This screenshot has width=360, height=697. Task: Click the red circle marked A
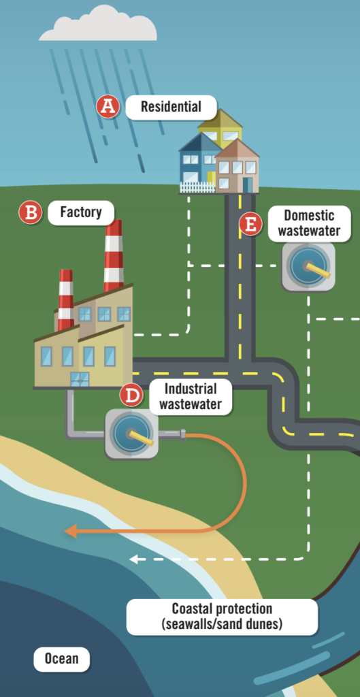click(x=108, y=107)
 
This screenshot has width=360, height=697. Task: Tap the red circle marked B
click(x=30, y=212)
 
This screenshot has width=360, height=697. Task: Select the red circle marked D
click(x=131, y=395)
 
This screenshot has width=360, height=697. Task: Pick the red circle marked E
click(x=250, y=225)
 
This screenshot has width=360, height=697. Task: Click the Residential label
click(x=171, y=107)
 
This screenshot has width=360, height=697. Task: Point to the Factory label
click(x=81, y=212)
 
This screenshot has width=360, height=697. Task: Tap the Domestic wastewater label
click(x=310, y=223)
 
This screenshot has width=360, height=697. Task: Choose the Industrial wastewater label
click(x=191, y=397)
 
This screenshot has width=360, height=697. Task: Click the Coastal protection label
click(x=223, y=617)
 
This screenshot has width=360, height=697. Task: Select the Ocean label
click(x=61, y=659)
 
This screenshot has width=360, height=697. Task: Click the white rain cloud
click(x=98, y=24)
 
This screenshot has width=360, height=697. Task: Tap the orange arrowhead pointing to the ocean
click(x=71, y=531)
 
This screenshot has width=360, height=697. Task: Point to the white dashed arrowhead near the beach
click(x=133, y=560)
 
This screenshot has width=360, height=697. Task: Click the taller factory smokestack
click(x=114, y=256)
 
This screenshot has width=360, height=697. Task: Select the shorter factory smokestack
click(x=66, y=299)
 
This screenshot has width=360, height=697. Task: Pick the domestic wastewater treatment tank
click(x=308, y=267)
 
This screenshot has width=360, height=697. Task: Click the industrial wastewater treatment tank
click(x=131, y=434)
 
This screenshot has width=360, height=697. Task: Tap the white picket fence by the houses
click(x=197, y=187)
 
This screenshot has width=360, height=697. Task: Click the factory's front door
click(x=80, y=379)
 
